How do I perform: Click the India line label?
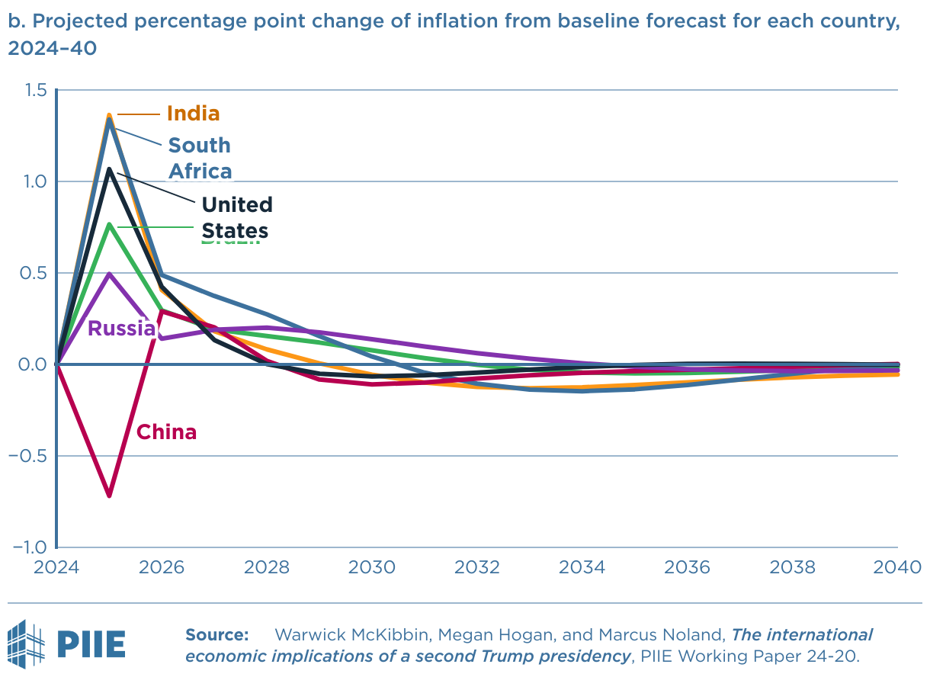(x=193, y=114)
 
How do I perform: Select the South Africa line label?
(x=200, y=158)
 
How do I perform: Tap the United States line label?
(x=236, y=217)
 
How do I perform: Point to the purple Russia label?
(x=122, y=329)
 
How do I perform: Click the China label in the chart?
(x=166, y=432)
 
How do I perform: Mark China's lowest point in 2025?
(x=110, y=496)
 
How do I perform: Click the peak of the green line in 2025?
(x=110, y=224)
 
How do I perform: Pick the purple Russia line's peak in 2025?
(x=110, y=274)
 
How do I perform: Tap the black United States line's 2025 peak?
(x=110, y=169)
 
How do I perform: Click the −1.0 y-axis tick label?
(x=30, y=547)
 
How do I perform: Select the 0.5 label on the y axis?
(x=35, y=274)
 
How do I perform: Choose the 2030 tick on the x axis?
(x=372, y=568)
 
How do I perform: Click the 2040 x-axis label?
(x=898, y=568)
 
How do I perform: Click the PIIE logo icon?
(x=26, y=643)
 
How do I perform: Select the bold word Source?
(x=217, y=634)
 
